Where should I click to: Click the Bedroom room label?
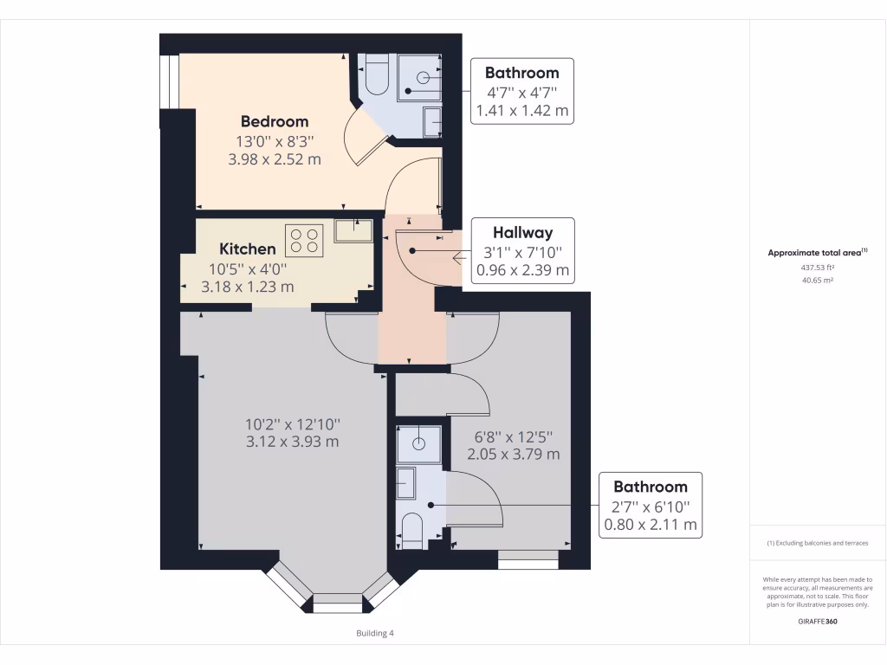274,121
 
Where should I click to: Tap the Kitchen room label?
247,249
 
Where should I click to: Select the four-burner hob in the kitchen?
304,240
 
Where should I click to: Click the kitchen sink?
353,230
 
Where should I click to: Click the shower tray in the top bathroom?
422,77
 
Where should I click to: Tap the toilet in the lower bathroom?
412,529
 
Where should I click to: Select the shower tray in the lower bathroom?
419,443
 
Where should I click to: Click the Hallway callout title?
522,232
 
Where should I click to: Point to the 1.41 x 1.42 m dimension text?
522,111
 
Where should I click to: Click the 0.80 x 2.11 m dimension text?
651,524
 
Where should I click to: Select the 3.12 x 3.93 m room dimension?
292,442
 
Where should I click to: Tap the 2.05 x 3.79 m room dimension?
513,454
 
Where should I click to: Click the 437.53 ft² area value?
817,268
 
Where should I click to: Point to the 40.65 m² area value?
817,280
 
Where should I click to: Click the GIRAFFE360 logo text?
817,622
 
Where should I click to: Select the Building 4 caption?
375,633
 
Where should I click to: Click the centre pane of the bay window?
337,603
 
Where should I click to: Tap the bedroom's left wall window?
169,82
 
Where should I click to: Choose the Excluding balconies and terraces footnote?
817,543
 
